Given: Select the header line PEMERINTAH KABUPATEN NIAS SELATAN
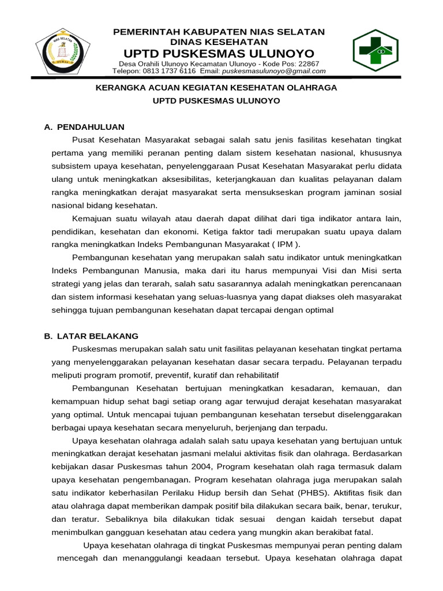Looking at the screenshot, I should [x=219, y=32].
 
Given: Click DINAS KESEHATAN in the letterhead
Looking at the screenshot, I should [x=219, y=42].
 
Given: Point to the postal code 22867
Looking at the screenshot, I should [x=307, y=63].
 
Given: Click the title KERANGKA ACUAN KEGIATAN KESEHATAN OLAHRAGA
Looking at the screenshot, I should [x=216, y=88].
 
